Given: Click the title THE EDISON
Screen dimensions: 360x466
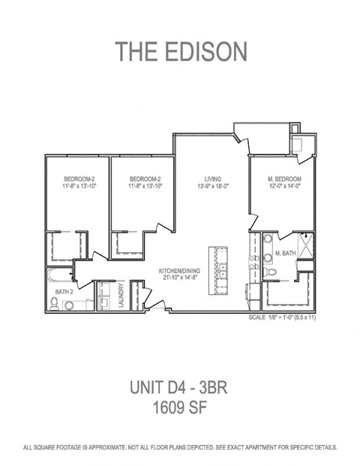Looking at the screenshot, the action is coord(181,52).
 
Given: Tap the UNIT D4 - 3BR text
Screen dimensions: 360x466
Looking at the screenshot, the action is coord(178,387).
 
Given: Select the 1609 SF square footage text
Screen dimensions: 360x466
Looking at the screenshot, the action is coord(179,407).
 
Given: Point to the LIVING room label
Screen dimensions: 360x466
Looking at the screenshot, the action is coord(213,179).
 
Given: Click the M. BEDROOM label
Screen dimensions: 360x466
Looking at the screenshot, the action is coord(284,179).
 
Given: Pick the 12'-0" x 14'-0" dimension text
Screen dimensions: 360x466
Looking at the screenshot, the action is coord(284,186).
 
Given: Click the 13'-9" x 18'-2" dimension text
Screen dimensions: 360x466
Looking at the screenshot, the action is coord(213,186).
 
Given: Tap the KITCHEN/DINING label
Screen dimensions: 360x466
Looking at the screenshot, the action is coord(179,271).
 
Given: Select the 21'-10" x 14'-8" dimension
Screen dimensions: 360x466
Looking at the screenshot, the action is coord(179,278).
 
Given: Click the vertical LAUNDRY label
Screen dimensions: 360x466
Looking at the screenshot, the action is coord(121,295).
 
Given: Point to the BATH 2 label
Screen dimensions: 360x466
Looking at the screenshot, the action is coord(64,292).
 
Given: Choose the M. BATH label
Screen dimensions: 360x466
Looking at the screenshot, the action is coord(286,253).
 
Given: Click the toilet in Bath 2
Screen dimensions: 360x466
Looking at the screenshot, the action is coord(54,303).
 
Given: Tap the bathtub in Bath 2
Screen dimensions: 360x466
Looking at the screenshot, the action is coord(60,275).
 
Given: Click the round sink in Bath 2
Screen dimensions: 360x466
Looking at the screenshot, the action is coord(70,305).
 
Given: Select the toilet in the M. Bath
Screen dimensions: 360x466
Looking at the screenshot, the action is coord(270,272).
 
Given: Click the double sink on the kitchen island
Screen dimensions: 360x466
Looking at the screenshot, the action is coord(221,270).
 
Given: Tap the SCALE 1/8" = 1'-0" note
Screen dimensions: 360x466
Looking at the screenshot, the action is coord(282,317).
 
